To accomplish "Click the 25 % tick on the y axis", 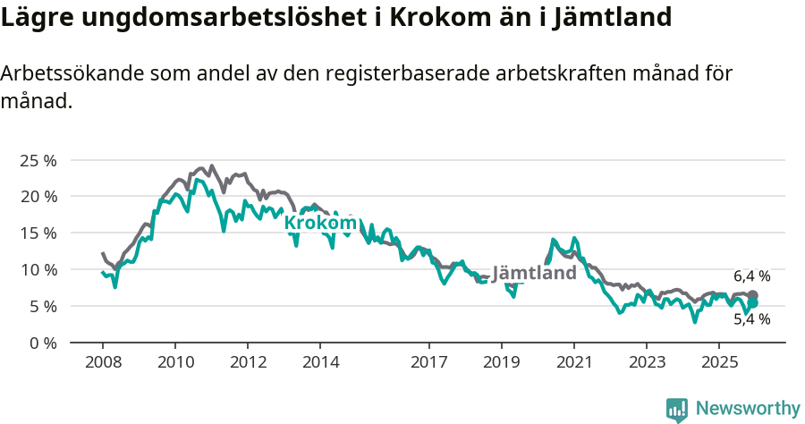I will pos(38,160).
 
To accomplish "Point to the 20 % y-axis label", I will pos(38,197).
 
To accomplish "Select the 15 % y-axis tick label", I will pos(38,233).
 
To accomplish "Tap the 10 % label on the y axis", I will pos(38,269).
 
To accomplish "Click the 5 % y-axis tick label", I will pos(42,306).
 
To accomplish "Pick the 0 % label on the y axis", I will pos(42,343).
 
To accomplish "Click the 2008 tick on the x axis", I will pos(102,362).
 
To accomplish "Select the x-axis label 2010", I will pos(174,362).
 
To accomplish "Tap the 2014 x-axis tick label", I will pos(319,362).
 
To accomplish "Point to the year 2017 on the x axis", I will pos(428,362).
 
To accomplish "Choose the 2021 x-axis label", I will pos(573,362).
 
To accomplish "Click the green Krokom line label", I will pos(320,223).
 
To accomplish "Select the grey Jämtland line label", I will pos(534,273).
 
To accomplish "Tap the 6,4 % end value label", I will pos(751,276).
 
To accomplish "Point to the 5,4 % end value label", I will pos(751,319).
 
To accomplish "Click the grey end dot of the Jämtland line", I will pos(753,295).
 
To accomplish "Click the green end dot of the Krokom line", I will pos(753,303).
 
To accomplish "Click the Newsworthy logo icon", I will pos(677,409).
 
